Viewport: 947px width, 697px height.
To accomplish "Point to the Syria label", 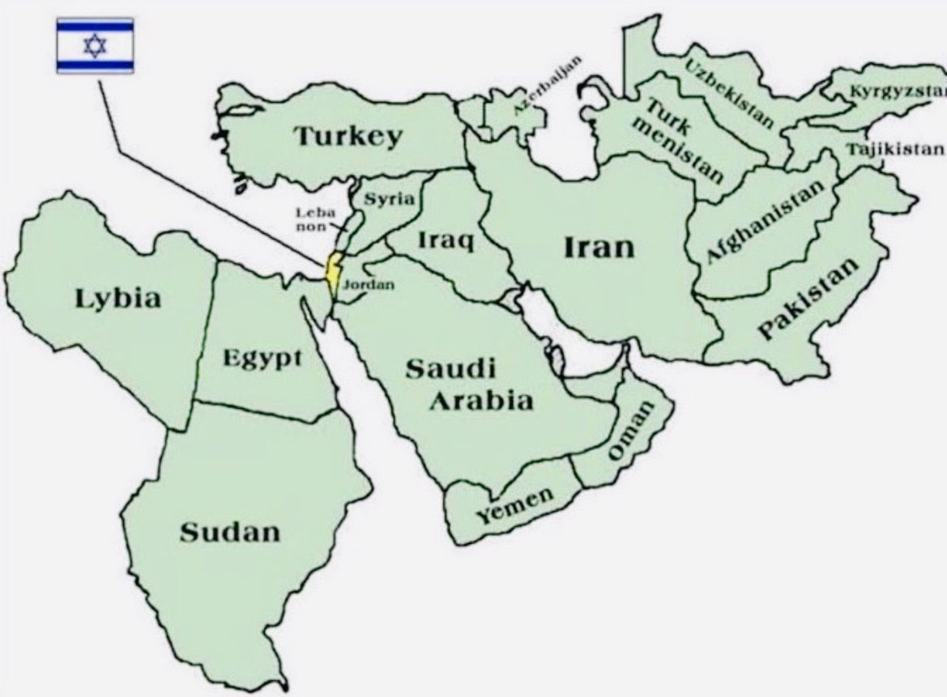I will click(x=389, y=200).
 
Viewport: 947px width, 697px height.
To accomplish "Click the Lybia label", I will click(x=118, y=298).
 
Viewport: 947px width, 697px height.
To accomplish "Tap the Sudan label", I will click(x=229, y=532).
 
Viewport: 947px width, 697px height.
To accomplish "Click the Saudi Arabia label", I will click(x=468, y=385).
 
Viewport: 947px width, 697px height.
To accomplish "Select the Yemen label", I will click(x=514, y=505).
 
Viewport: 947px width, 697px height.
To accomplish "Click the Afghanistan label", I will click(x=765, y=221).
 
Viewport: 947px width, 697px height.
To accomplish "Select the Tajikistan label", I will click(x=894, y=149).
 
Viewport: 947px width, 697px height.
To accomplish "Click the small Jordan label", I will click(x=369, y=285).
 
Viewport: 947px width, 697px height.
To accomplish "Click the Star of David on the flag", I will click(x=95, y=45).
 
